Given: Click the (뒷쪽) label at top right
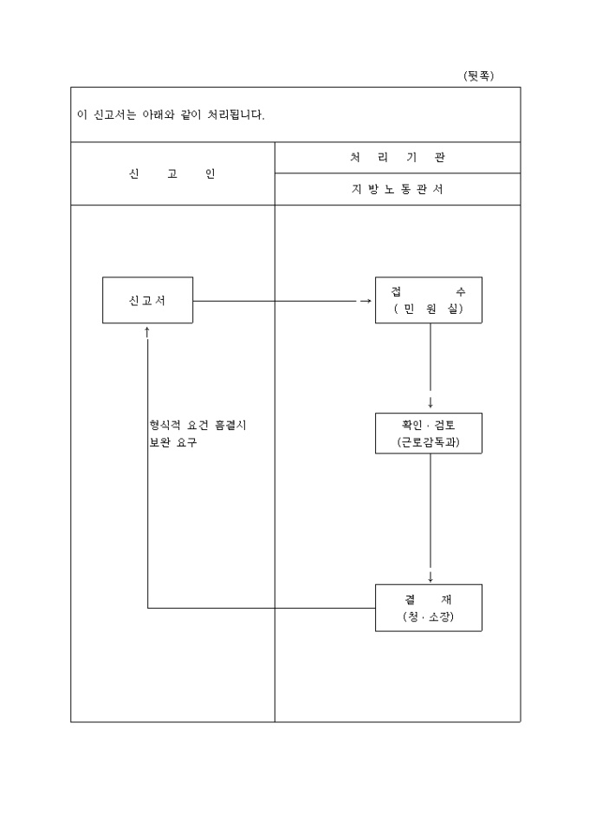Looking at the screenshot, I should coord(478,76).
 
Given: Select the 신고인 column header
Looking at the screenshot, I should coord(172,173).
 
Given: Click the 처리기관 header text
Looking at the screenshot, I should coord(398,158).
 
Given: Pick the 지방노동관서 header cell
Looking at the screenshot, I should coord(398,190).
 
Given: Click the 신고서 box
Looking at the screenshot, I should coord(147,300).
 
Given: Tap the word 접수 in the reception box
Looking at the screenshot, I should coord(428,292).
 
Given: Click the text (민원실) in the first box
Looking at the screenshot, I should coord(428,309).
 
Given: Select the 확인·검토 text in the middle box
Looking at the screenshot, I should coord(428,425).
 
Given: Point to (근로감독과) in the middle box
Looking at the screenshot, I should coord(428,442).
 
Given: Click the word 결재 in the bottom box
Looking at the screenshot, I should coord(428,599).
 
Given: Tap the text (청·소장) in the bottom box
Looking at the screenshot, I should coord(428,616).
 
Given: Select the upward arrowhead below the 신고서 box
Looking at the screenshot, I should coord(147,331).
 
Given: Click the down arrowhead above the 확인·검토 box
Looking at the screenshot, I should coord(430,403).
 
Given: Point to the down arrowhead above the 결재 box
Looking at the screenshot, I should coord(430,577).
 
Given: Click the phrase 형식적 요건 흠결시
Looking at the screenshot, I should coord(198,425).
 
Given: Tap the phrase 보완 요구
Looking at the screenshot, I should coord(173,442).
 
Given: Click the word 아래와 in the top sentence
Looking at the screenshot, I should coord(158,114).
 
